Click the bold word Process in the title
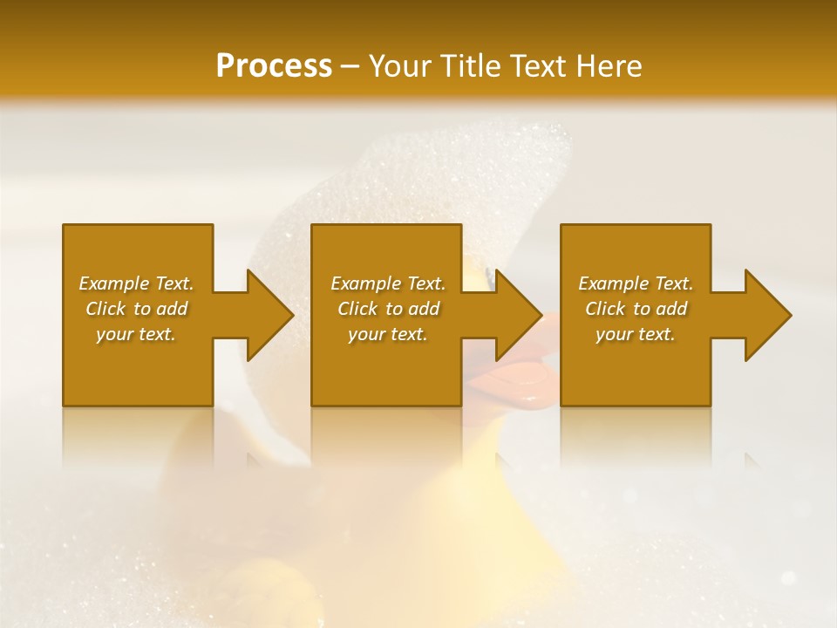pos(274,66)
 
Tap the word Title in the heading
pos(473,66)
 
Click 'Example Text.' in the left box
pos(136,283)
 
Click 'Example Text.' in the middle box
pos(388,283)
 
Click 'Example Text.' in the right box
pos(636,283)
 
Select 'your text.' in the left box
pos(136,335)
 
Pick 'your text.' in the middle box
pos(388,335)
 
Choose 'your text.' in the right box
pos(636,335)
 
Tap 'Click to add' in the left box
pos(136,309)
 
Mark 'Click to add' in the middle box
pos(388,309)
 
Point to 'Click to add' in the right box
pos(636,309)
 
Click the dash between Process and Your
pos(350,66)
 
